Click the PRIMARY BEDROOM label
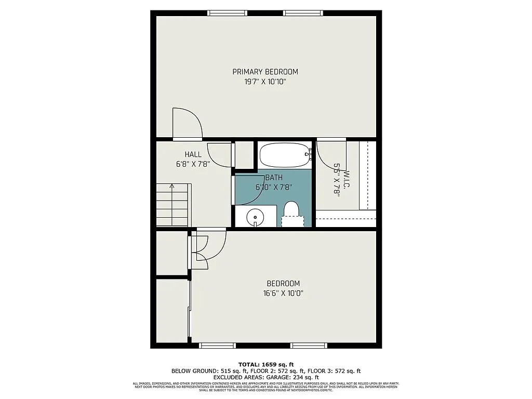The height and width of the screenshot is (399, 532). (265, 72)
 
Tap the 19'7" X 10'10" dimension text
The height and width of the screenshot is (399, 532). (265, 82)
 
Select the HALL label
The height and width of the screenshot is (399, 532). (193, 154)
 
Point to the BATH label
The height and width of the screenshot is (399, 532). (274, 177)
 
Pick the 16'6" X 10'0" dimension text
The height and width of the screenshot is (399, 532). (283, 293)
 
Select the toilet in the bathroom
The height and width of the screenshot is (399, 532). (291, 213)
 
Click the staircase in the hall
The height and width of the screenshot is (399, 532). (173, 205)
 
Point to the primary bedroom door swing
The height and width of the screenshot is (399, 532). (187, 123)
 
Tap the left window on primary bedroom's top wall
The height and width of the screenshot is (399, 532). (227, 13)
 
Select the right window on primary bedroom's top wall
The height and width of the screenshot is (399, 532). (303, 13)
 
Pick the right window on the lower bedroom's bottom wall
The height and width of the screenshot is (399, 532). (309, 345)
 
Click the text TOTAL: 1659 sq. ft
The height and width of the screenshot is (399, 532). (266, 364)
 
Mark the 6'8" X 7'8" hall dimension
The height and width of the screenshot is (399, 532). (193, 164)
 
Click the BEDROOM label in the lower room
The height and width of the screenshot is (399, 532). (283, 284)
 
